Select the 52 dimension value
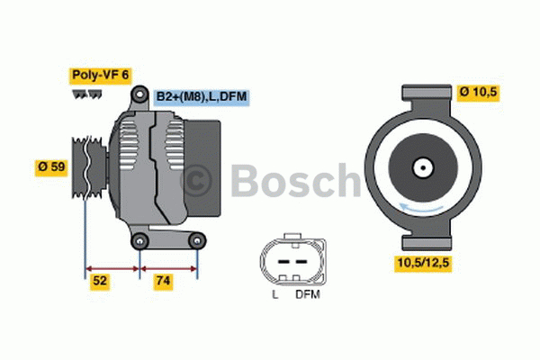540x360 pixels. tap(101, 282)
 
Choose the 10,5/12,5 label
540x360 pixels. tap(421, 263)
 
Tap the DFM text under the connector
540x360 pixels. tap(306, 293)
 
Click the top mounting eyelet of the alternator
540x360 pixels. tap(139, 94)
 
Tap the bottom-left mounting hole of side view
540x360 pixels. tap(139, 240)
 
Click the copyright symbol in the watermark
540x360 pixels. tap(197, 181)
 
